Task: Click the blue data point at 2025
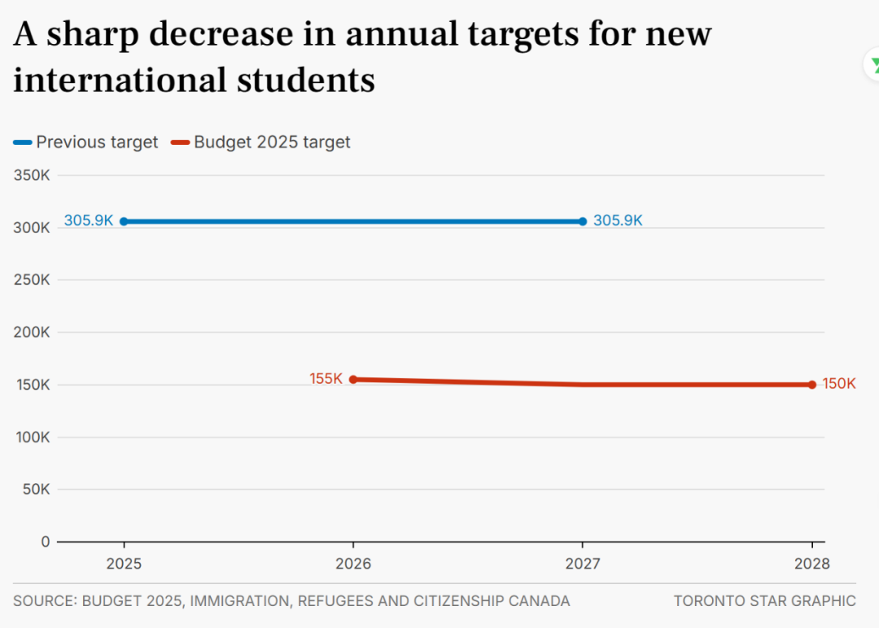point(124,221)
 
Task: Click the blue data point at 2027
point(583,221)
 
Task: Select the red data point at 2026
point(352,379)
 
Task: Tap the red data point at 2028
point(812,385)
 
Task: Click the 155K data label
point(326,379)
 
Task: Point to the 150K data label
point(839,384)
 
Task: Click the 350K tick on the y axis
point(33,175)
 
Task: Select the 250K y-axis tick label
point(33,280)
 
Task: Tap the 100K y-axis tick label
point(33,437)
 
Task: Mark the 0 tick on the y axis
point(46,542)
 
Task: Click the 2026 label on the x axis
point(352,564)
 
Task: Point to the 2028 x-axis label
point(812,564)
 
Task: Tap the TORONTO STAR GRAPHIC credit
point(764,601)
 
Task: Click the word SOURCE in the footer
point(44,601)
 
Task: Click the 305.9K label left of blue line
point(89,220)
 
